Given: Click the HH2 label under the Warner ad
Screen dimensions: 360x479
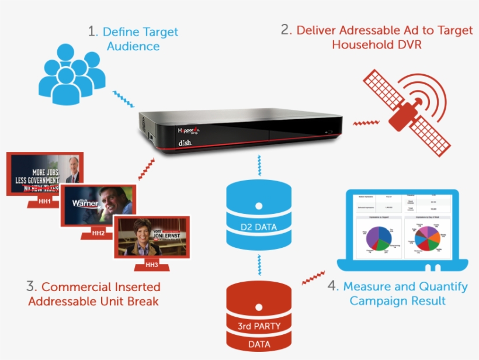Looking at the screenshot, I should click(98, 233).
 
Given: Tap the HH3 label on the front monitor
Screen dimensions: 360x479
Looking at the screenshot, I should click(152, 265).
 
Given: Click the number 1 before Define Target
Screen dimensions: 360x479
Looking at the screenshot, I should click(92, 32).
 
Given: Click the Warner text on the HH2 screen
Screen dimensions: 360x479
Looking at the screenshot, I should click(85, 203).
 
